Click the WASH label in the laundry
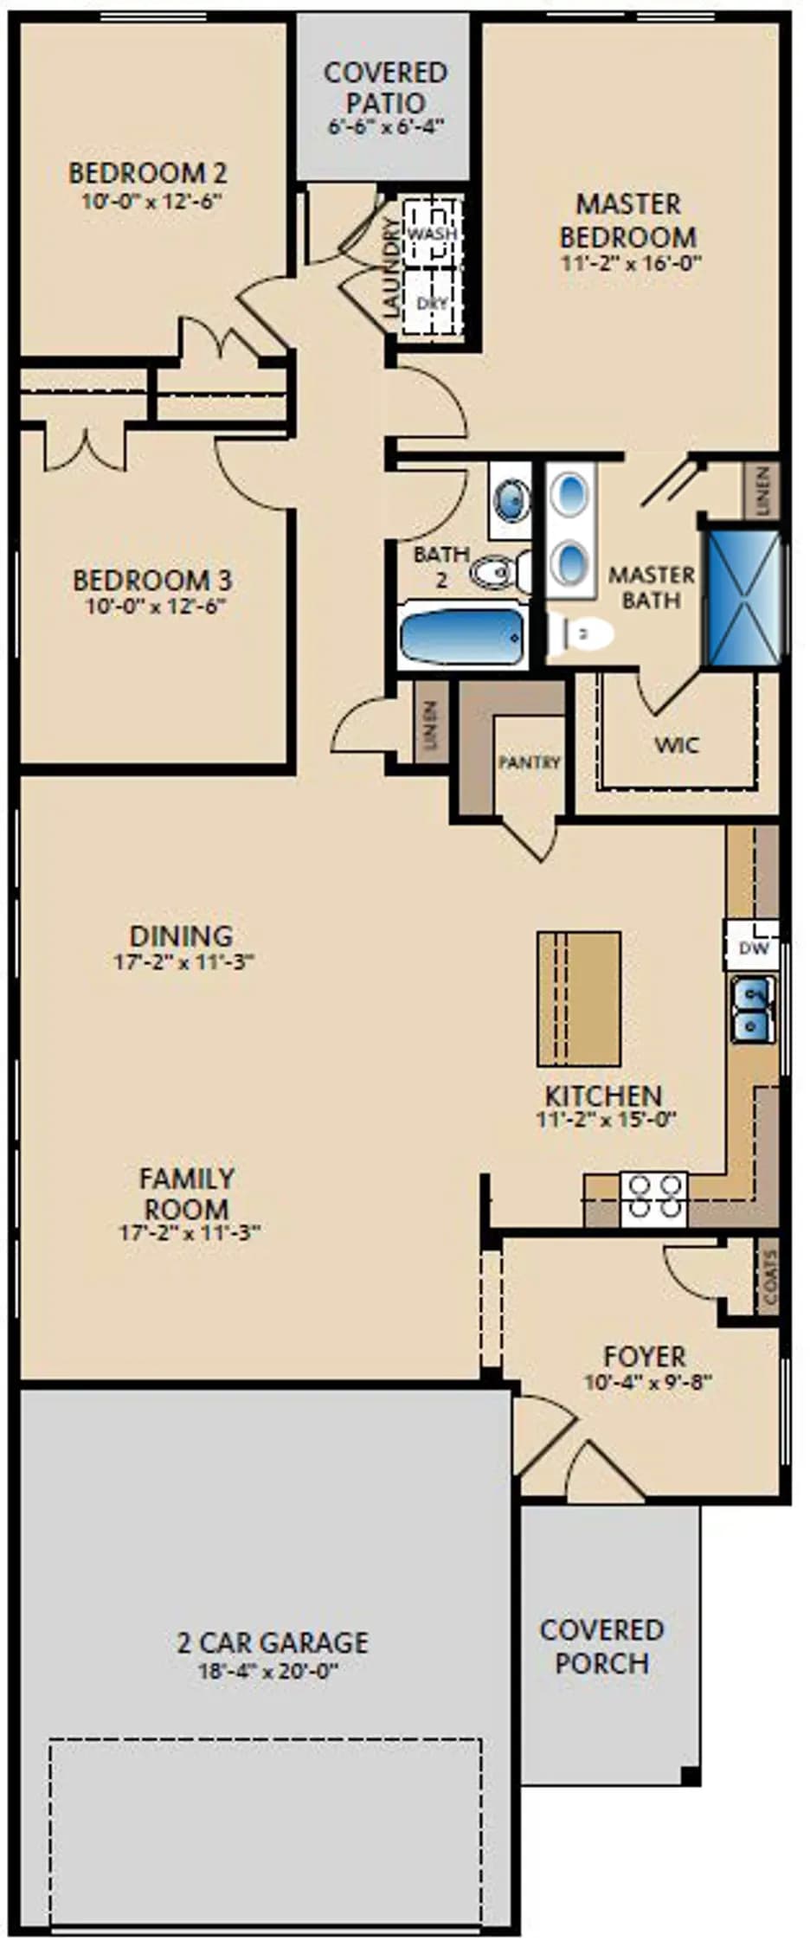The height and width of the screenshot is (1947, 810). coord(432,234)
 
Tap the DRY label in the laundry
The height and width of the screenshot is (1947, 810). coord(432,303)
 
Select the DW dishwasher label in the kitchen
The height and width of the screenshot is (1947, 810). coord(753,948)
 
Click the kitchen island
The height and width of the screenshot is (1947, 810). coord(579,999)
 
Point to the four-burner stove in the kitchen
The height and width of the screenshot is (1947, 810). coord(653,1198)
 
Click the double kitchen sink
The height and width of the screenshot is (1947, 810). coord(752,1009)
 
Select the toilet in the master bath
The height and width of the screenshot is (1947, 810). coord(580,634)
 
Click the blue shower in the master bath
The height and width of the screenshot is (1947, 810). coord(742,598)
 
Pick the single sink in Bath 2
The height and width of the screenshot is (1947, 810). coord(510,500)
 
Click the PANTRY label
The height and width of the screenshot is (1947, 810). coord(530,762)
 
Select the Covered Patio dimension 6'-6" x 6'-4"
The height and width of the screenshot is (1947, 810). coord(386,125)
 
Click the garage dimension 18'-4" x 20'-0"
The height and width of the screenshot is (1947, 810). coord(268,1671)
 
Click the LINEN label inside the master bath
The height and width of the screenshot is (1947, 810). coord(762,492)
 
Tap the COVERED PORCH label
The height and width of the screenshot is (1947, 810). coord(601,1646)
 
